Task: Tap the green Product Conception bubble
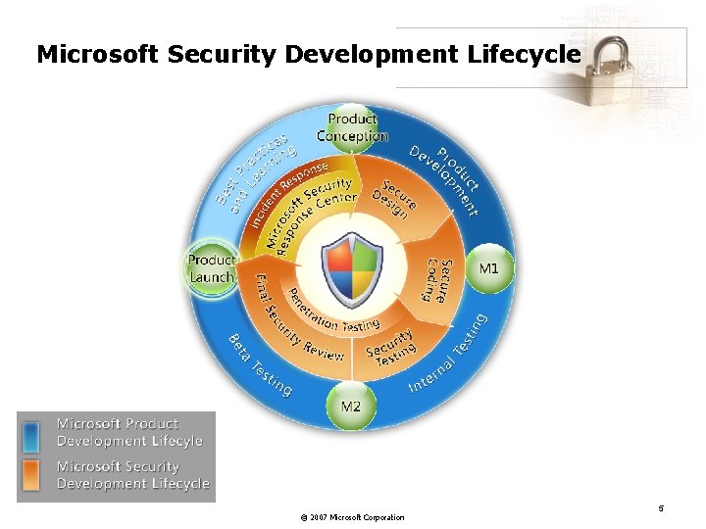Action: coord(352,128)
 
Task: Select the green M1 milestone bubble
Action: coord(488,267)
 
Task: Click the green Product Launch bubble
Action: coord(211,267)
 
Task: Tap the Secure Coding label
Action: coord(438,280)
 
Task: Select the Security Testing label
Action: coord(390,345)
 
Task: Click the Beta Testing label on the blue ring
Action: coord(260,365)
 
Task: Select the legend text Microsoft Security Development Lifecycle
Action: coord(132,475)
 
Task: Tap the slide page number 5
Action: coord(661,508)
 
